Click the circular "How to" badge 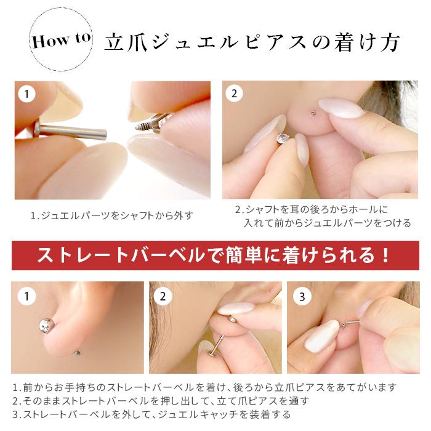[x=60, y=41]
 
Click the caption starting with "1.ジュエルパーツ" [x=112, y=216]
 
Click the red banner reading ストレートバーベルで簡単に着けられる [x=215, y=255]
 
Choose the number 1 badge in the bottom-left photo [x=26, y=297]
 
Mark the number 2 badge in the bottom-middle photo [x=163, y=297]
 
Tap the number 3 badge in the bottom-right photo [x=301, y=297]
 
